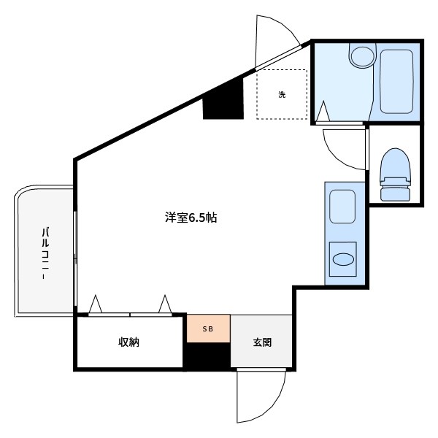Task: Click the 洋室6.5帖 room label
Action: pos(189,218)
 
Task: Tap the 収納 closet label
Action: pos(129,342)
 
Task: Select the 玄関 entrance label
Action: pos(262,342)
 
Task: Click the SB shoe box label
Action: pos(208,328)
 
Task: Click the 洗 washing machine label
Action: pos(281,94)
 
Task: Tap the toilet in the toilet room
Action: pos(395,175)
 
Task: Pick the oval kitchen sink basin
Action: pos(342,258)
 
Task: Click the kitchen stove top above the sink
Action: pos(342,206)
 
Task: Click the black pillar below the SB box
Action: pos(207,357)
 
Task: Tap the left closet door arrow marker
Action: pos(95,304)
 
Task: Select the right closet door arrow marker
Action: pos(165,304)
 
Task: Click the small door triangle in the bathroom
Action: pos(323,112)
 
